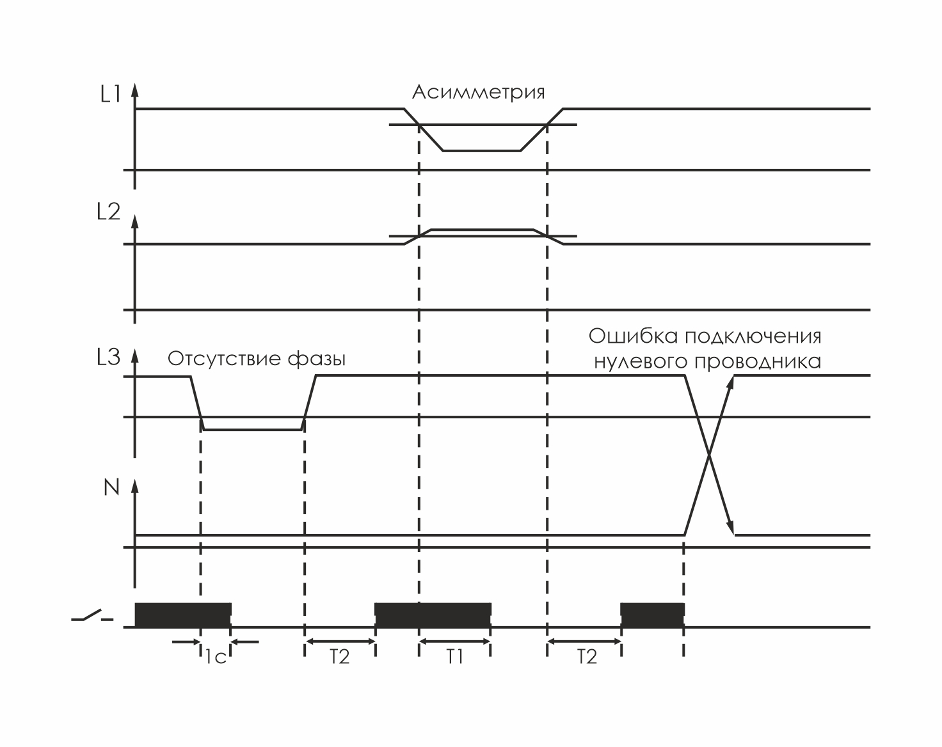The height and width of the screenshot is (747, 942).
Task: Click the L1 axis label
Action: [110, 95]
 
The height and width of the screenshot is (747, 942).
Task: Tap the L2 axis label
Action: [108, 213]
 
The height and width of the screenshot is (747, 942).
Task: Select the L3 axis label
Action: [108, 358]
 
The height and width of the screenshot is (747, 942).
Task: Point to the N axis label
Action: [111, 488]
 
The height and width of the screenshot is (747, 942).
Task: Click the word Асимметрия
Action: [478, 92]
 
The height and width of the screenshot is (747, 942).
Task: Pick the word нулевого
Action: [641, 362]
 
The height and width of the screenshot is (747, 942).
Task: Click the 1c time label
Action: [216, 657]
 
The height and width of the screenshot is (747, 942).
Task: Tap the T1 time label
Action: [454, 657]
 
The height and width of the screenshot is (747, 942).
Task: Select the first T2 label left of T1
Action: [340, 657]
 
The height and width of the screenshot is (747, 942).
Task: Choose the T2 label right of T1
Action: [587, 657]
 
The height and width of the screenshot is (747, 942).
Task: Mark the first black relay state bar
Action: [182, 614]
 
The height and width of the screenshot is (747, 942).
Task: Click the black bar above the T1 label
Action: [433, 614]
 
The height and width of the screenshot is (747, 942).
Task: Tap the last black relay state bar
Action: [652, 614]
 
